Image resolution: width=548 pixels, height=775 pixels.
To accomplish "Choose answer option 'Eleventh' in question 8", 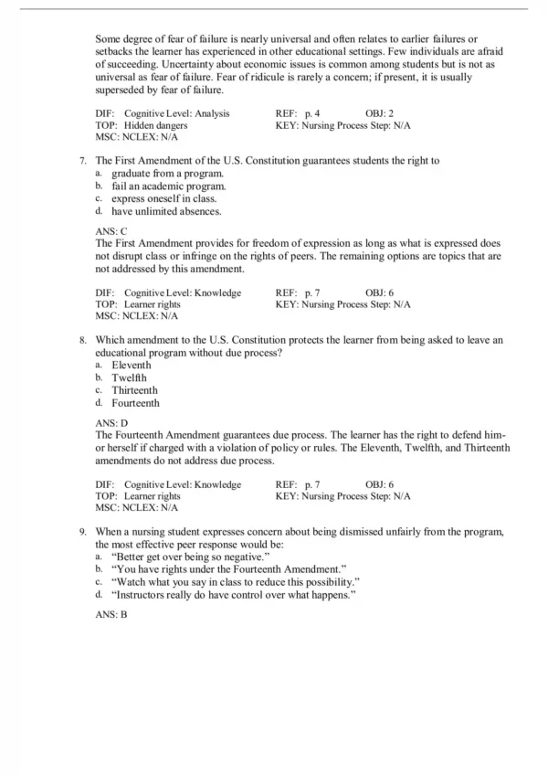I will tap(132, 365).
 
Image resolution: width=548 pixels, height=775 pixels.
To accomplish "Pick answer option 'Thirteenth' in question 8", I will tap(135, 389).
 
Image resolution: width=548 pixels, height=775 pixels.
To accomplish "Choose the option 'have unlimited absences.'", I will tap(166, 211).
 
